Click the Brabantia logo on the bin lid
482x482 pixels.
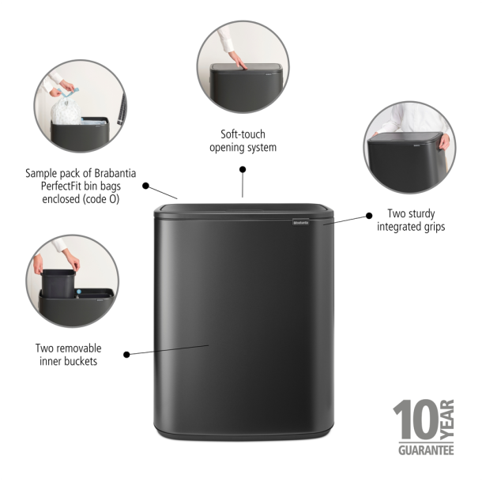307,224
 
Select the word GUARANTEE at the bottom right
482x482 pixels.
424,450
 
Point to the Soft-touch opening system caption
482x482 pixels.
243,141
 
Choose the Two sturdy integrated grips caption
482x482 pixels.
411,220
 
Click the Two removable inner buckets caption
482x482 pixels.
68,355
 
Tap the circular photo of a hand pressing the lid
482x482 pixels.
243,66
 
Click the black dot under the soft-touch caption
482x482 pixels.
243,168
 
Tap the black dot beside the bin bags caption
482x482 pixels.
146,186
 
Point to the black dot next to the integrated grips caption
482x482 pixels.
368,214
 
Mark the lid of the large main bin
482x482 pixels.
243,212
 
